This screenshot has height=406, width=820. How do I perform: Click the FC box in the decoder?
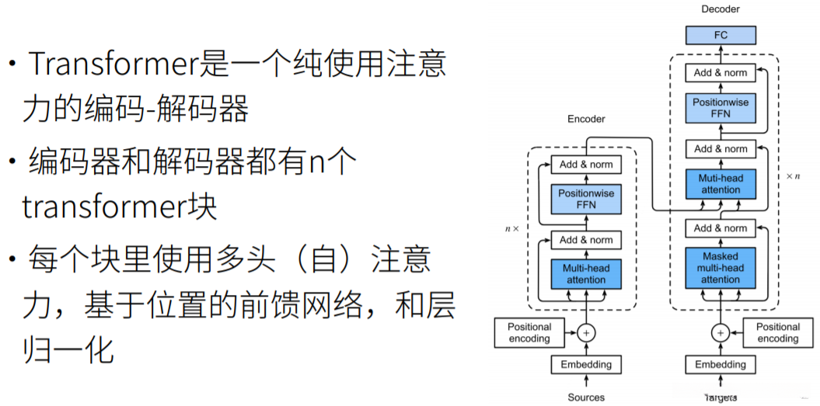tap(721, 35)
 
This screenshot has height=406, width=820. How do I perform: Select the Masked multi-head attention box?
tap(721, 268)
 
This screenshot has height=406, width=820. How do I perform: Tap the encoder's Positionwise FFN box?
tap(586, 200)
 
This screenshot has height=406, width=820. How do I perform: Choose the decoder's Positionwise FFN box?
tap(721, 108)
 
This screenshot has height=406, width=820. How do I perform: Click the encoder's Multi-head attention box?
tap(586, 274)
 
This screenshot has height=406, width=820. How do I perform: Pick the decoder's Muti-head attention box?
tap(721, 184)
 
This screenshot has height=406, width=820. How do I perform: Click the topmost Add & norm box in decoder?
tap(721, 73)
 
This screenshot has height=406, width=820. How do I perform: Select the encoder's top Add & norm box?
tap(586, 165)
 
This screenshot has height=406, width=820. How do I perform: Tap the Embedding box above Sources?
tap(586, 364)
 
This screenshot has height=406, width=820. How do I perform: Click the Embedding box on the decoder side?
tap(721, 364)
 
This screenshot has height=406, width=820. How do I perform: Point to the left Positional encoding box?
tap(529, 333)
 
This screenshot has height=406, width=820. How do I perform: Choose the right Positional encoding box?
tap(777, 333)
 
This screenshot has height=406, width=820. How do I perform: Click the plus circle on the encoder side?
tap(586, 333)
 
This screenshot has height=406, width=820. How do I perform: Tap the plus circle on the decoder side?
tap(721, 333)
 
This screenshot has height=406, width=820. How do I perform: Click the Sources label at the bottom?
tap(586, 397)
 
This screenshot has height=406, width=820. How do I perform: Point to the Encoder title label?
tap(586, 119)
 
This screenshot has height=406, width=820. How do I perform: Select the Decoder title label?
tap(721, 9)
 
